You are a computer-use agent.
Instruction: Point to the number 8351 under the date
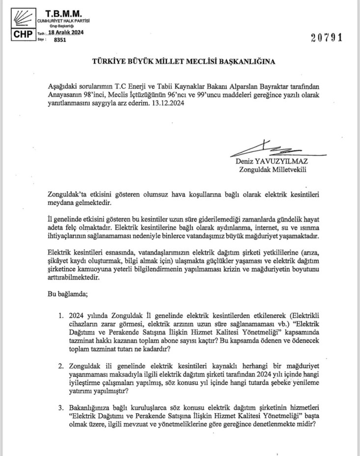59,40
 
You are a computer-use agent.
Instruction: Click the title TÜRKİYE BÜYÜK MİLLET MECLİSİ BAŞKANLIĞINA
180,62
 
